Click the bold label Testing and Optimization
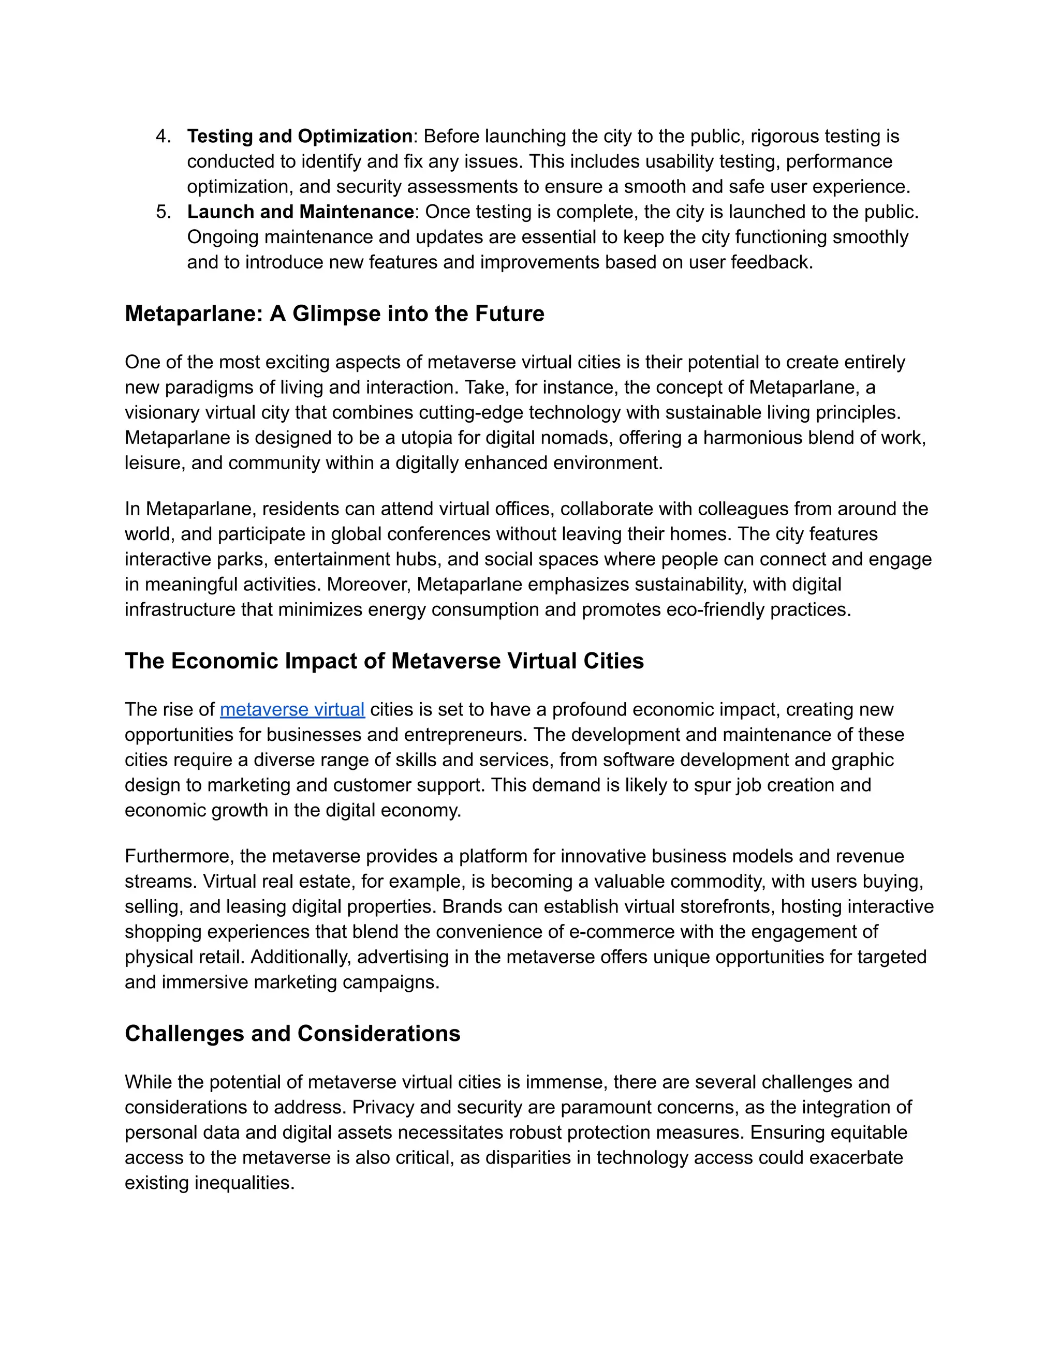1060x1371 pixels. coord(300,136)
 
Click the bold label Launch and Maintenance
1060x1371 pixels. coord(300,212)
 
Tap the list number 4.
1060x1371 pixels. coord(163,136)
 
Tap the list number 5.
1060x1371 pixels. coord(163,212)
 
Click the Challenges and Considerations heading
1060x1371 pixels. coord(292,1033)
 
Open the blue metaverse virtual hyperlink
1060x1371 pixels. coord(292,709)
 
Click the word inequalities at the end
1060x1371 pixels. coord(244,1183)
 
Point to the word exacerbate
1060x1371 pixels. coord(856,1157)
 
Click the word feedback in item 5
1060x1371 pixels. coord(771,262)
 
